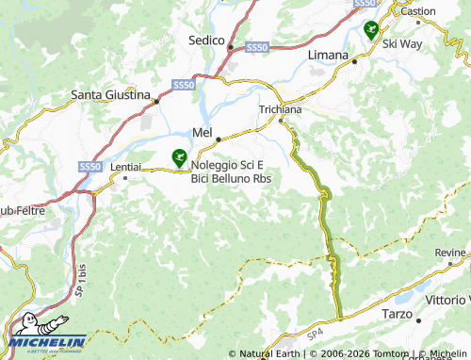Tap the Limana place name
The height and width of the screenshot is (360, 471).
click(329, 56)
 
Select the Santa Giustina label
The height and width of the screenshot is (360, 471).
click(111, 95)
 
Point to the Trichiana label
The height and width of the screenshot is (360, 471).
click(280, 109)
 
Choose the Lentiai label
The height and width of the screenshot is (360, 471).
click(125, 166)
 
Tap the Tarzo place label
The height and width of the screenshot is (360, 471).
click(397, 313)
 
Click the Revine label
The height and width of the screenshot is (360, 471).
click(449, 253)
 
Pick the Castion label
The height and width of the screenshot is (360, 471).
click(418, 11)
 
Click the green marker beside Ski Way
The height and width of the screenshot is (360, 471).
click(371, 30)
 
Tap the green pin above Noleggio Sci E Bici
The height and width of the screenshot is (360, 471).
click(178, 156)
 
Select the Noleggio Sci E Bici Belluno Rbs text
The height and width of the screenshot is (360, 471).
click(232, 172)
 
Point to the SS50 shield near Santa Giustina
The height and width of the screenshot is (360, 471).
click(184, 85)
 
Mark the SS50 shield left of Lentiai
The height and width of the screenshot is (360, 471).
click(89, 167)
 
